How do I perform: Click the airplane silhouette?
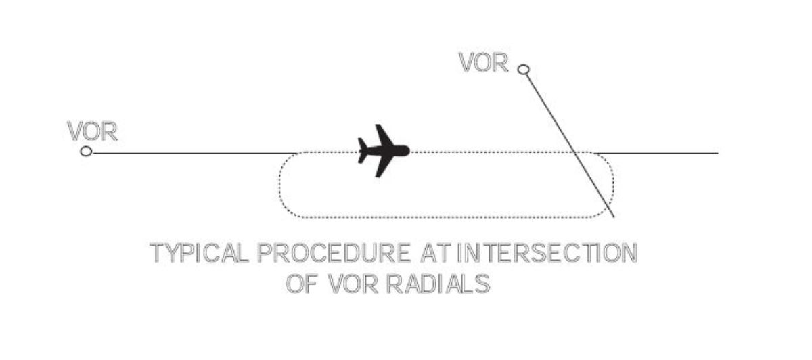click(x=383, y=151)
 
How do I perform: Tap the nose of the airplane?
click(x=407, y=151)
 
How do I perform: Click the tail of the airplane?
click(x=363, y=150)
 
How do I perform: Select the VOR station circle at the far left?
click(x=86, y=151)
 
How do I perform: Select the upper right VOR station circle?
click(x=522, y=69)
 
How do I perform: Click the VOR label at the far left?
click(x=93, y=133)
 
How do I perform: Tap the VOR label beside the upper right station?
click(x=483, y=63)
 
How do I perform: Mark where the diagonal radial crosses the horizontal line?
click(x=574, y=154)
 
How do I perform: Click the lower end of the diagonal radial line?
click(x=613, y=216)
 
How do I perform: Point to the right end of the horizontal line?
click(x=717, y=154)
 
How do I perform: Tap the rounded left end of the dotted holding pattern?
click(x=280, y=185)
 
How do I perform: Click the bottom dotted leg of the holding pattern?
click(x=447, y=217)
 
